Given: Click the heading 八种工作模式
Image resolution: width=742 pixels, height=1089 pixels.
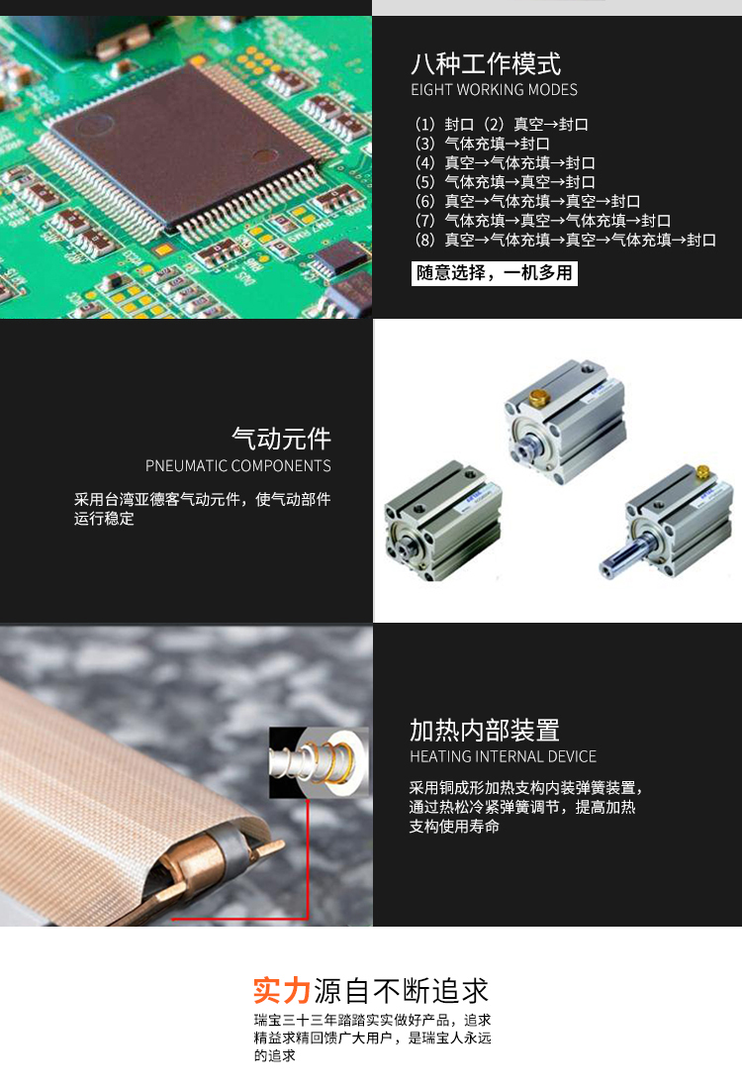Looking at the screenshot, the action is click(x=486, y=64).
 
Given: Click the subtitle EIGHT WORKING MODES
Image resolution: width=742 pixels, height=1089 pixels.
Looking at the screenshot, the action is click(x=495, y=89).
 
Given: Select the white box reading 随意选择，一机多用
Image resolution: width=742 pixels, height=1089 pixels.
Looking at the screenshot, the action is click(x=495, y=273).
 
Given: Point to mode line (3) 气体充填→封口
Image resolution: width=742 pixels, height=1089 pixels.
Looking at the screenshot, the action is click(x=483, y=144).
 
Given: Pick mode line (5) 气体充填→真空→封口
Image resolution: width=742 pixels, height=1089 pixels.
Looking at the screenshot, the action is click(x=506, y=183).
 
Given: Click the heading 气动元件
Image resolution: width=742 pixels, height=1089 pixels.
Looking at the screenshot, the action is click(x=281, y=439).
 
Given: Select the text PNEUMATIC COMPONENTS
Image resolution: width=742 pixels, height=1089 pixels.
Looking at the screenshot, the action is click(x=238, y=466).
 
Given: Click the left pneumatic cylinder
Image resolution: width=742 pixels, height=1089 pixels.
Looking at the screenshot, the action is click(x=443, y=521).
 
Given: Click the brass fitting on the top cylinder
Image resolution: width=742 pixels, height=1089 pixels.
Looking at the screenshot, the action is click(x=539, y=398).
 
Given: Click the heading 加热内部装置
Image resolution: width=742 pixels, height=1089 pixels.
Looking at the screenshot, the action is click(x=485, y=731).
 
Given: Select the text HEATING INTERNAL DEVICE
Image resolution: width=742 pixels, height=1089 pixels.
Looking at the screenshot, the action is click(x=504, y=756).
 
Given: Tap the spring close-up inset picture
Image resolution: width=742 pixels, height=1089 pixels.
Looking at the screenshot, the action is click(x=320, y=762).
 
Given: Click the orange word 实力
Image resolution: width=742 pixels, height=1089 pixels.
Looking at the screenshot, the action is click(x=282, y=991).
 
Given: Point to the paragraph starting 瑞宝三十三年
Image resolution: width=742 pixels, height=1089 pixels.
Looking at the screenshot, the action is click(x=373, y=1038).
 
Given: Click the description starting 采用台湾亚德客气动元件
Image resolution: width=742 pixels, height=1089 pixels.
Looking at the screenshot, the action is click(x=203, y=509).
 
